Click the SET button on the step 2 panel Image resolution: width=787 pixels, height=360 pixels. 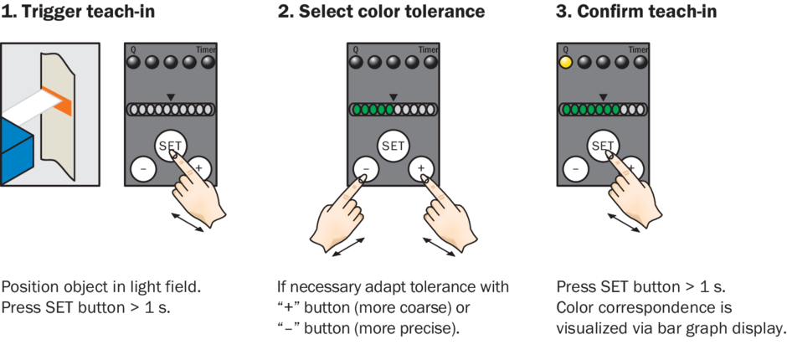click(393, 146)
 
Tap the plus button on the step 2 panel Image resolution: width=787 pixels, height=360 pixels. click(421, 169)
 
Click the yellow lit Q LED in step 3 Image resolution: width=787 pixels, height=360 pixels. click(566, 63)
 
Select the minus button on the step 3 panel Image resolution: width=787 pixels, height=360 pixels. click(576, 169)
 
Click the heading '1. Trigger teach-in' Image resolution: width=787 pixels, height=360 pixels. click(78, 11)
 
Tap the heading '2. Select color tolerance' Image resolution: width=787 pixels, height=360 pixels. click(382, 11)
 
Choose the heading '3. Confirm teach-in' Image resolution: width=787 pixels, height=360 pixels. click(636, 11)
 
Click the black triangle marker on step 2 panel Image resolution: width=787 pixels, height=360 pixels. click(393, 97)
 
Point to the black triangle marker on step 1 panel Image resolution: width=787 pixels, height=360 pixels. click(171, 97)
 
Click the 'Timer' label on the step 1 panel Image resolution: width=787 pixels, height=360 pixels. click(206, 49)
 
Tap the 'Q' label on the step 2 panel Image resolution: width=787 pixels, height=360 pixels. click(356, 49)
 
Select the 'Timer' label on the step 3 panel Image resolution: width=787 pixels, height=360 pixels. click(639, 49)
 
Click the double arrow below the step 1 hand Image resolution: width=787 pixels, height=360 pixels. click(188, 223)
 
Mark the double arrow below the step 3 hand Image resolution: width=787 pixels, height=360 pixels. click(624, 223)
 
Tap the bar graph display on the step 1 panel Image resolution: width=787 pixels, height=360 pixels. click(171, 110)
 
